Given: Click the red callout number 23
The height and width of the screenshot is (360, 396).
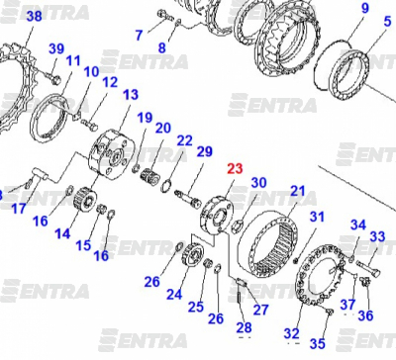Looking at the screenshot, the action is (235, 168).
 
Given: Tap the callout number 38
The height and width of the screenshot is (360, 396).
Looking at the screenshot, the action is (35, 16).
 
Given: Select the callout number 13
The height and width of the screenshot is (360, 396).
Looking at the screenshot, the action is (131, 95).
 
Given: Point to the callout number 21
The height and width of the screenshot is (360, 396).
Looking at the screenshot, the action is (298, 191).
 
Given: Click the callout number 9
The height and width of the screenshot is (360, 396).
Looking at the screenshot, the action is (364, 8).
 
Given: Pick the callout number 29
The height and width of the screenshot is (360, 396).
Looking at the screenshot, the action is (205, 151).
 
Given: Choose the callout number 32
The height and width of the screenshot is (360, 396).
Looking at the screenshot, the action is (292, 333).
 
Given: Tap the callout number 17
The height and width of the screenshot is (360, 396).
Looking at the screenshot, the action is (19, 208).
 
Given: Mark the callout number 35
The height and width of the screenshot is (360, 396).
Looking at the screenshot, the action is (318, 343).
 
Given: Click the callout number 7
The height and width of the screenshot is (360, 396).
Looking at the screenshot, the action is (140, 35).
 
